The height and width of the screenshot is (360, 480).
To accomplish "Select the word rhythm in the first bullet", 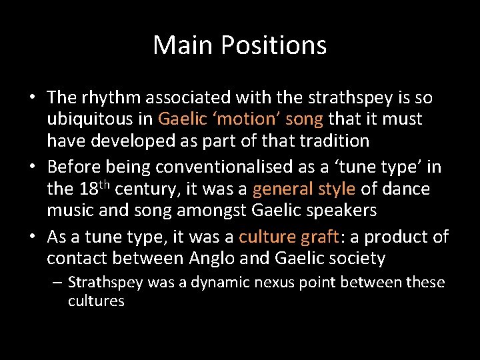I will pyautogui.click(x=109, y=98).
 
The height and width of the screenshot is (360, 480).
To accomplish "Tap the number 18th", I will pyautogui.click(x=95, y=189).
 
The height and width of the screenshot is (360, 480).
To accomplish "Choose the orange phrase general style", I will pyautogui.click(x=304, y=189).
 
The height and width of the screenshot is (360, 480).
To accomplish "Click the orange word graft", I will pyautogui.click(x=320, y=237).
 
